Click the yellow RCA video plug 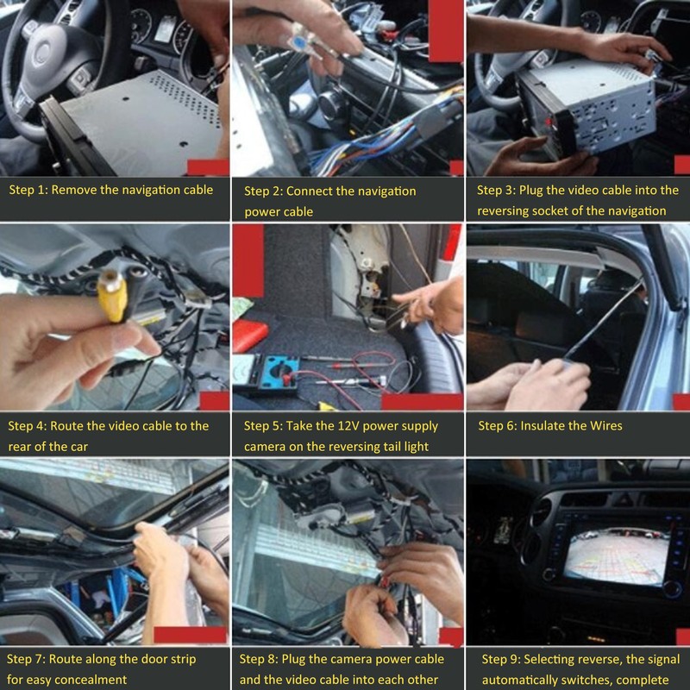(113, 296)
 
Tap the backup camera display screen (617, 557)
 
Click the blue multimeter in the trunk (267, 373)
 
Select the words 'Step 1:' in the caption (28, 190)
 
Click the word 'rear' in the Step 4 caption (19, 447)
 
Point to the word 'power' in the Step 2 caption (262, 212)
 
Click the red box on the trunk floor (249, 336)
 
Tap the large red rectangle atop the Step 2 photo (446, 31)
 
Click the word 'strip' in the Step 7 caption (183, 660)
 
